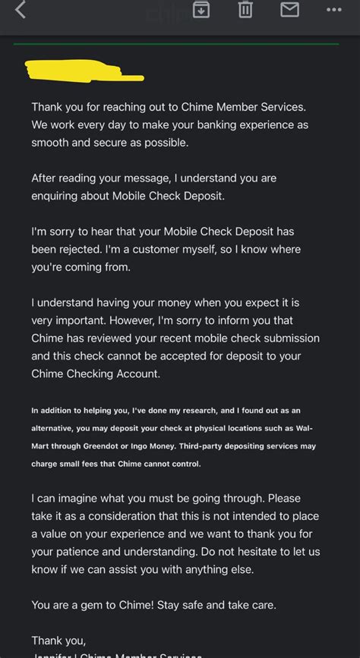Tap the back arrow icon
click(21, 10)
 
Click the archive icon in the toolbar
click(201, 9)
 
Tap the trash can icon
click(245, 9)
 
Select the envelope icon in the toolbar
click(289, 9)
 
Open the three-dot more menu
click(334, 10)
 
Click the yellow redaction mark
click(84, 71)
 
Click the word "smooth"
click(49, 143)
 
